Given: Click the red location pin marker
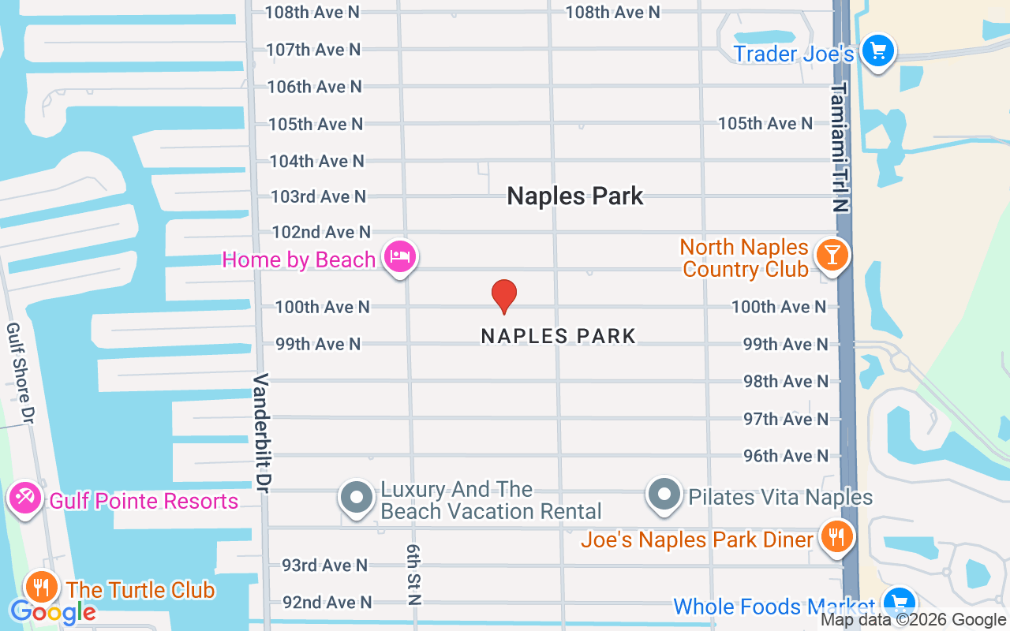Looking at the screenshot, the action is [504, 297].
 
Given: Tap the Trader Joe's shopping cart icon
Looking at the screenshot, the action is [877, 52].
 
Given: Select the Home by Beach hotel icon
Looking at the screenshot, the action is [400, 257].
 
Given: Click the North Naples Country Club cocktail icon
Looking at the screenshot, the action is [831, 255].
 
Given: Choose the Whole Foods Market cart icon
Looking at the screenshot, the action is [899, 603].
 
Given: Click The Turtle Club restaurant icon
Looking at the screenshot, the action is [40, 587].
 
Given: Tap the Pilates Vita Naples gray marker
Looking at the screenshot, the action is [664, 495].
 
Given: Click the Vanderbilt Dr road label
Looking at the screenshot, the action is [262, 433].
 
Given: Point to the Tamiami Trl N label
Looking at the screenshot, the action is [840, 147].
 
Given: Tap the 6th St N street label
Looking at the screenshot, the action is [413, 573].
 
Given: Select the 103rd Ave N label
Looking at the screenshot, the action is [318, 196].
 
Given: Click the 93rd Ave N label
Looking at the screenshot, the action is [324, 565].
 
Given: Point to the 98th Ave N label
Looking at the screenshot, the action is [786, 382].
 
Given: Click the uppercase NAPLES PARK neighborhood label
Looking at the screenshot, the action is [558, 336].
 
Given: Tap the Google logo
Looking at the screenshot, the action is [53, 611].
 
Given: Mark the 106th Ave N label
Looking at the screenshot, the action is [314, 87].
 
